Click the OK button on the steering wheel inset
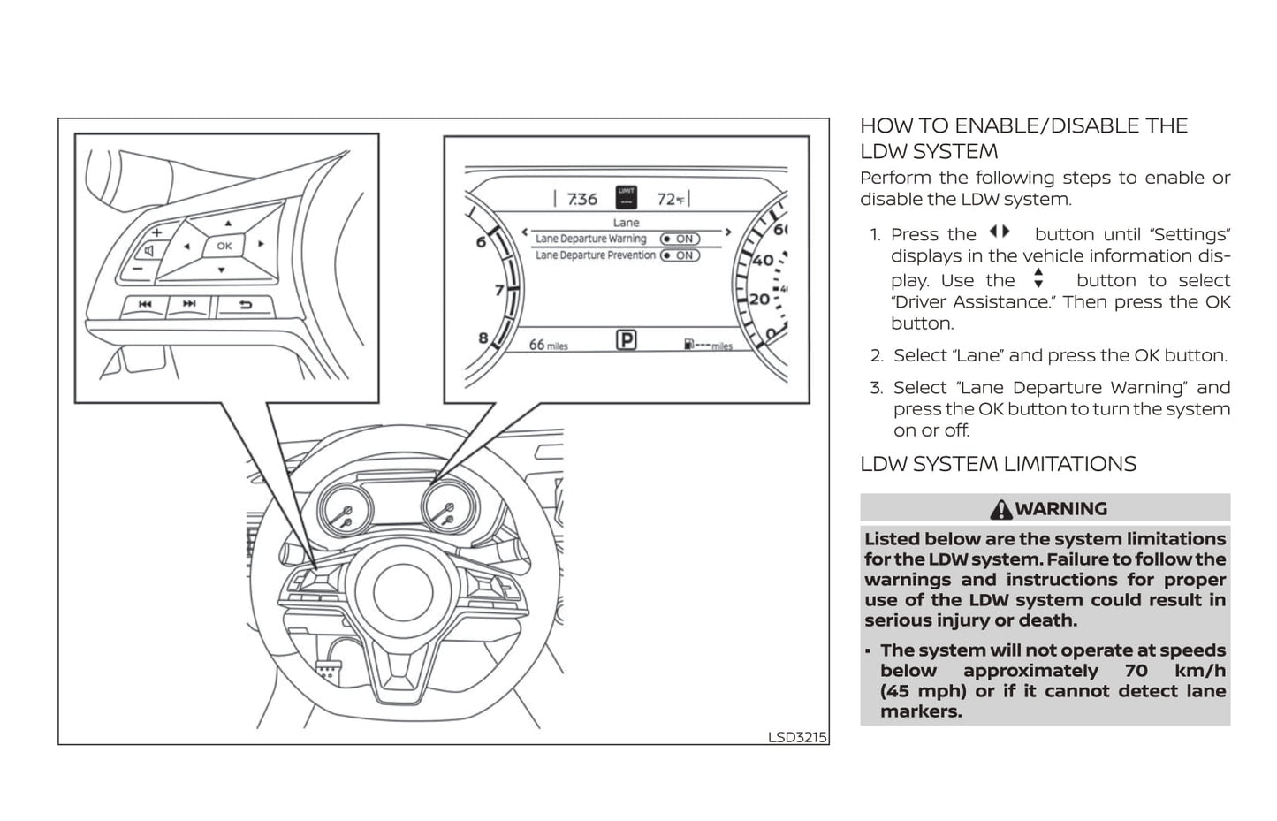click(x=224, y=246)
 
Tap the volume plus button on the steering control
click(x=156, y=232)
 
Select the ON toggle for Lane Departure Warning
click(x=680, y=239)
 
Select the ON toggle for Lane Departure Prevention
click(x=680, y=255)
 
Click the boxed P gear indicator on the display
click(x=626, y=339)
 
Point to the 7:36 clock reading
click(x=581, y=199)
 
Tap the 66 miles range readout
click(x=548, y=345)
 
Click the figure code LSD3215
click(x=797, y=736)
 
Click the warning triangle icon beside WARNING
click(x=1000, y=509)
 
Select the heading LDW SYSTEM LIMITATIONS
click(x=998, y=464)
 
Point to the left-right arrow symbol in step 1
click(x=999, y=232)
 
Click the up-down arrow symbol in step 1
click(x=1038, y=279)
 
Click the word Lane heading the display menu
click(x=626, y=223)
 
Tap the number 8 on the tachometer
click(x=483, y=337)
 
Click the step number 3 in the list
click(x=876, y=388)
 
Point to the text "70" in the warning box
click(x=1136, y=671)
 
